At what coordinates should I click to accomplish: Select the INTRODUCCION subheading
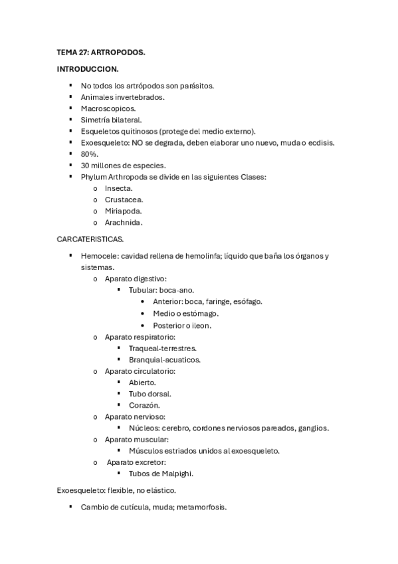(x=88, y=69)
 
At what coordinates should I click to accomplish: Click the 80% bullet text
(x=90, y=154)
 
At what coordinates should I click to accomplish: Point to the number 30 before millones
(x=85, y=165)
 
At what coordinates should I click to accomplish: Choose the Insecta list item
(x=118, y=188)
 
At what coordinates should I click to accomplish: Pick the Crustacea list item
(x=124, y=200)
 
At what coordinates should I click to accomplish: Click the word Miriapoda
(x=123, y=211)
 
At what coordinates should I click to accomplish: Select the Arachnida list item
(x=124, y=222)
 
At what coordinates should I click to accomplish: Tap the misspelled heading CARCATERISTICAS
(x=90, y=239)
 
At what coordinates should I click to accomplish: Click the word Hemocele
(x=99, y=256)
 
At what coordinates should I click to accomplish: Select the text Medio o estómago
(x=185, y=313)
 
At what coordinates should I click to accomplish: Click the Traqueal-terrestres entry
(x=162, y=348)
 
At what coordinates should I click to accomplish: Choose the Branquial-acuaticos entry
(x=164, y=359)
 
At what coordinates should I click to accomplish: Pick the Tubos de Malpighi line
(x=161, y=474)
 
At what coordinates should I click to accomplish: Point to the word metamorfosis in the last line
(x=199, y=507)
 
